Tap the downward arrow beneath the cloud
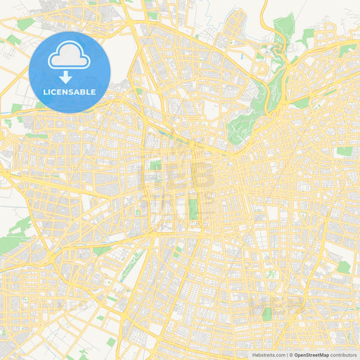coord(70,78)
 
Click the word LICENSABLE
coord(70,92)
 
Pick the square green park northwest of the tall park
coord(155,165)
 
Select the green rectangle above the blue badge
coord(26,24)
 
